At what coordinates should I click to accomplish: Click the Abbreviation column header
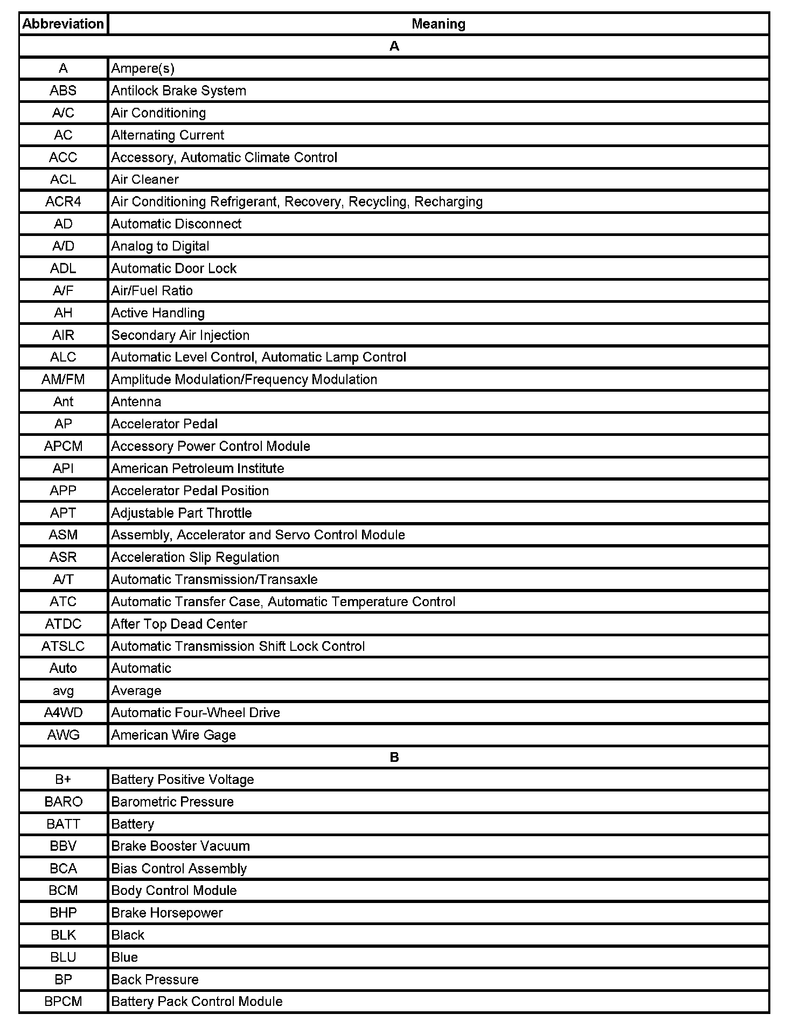tap(63, 24)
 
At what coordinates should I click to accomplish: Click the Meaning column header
tap(438, 24)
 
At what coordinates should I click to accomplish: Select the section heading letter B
tap(394, 757)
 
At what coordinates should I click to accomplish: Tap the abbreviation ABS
tap(63, 91)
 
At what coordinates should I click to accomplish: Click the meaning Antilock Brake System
tap(178, 91)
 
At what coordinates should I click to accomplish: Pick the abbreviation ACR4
tap(63, 202)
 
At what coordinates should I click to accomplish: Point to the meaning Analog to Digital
tap(160, 246)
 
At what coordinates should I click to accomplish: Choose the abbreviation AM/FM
tap(63, 379)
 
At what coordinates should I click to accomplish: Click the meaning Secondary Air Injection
tap(180, 335)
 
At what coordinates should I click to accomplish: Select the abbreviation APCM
tap(63, 446)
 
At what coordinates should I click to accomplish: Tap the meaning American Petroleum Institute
tap(197, 468)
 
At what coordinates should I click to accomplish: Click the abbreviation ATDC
tap(63, 624)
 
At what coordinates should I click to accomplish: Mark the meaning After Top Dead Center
tap(179, 624)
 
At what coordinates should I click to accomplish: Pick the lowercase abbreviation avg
tap(63, 691)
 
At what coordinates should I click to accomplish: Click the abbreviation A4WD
tap(63, 713)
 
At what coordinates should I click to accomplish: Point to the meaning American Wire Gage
tap(173, 735)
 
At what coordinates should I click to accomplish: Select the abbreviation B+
tap(63, 780)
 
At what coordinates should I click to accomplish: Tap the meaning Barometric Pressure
tap(172, 802)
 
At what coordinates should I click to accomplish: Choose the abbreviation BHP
tap(63, 913)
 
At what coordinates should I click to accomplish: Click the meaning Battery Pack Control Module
tap(197, 1002)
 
